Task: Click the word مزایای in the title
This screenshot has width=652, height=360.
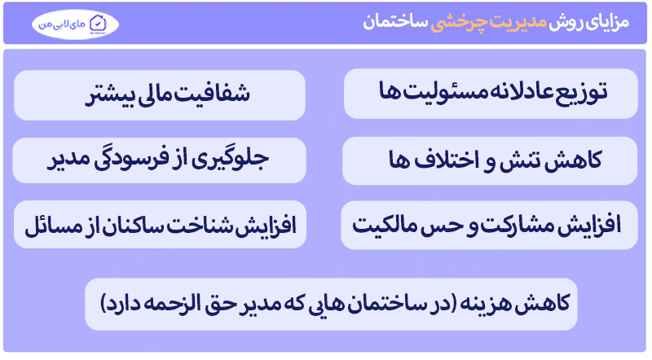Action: (606, 22)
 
